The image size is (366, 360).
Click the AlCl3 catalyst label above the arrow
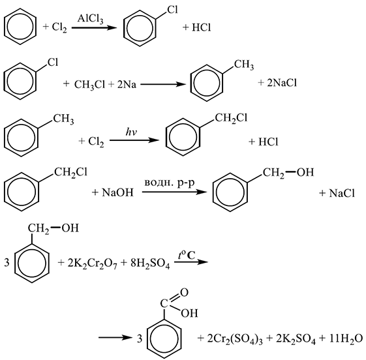(x=90, y=18)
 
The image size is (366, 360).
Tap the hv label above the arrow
(x=131, y=132)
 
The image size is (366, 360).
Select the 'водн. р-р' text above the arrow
(x=170, y=183)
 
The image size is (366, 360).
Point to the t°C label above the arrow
(x=187, y=255)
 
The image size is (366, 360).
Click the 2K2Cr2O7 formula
(x=93, y=264)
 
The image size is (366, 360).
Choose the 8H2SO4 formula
(x=150, y=264)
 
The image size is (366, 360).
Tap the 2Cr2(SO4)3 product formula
(x=235, y=339)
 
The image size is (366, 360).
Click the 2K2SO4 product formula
(x=296, y=339)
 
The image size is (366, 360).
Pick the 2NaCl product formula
(x=282, y=83)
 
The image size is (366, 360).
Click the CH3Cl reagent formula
(x=89, y=85)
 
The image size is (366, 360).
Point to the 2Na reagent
(x=127, y=84)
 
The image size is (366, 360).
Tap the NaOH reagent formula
(x=117, y=192)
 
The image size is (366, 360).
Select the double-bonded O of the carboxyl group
(x=184, y=292)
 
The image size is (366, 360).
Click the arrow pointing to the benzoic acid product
(x=114, y=338)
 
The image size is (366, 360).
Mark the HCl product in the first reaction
(x=201, y=27)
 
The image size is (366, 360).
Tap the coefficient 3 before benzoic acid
(x=140, y=338)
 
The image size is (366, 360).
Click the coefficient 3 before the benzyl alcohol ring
(x=7, y=263)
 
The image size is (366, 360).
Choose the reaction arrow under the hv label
(x=134, y=140)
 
